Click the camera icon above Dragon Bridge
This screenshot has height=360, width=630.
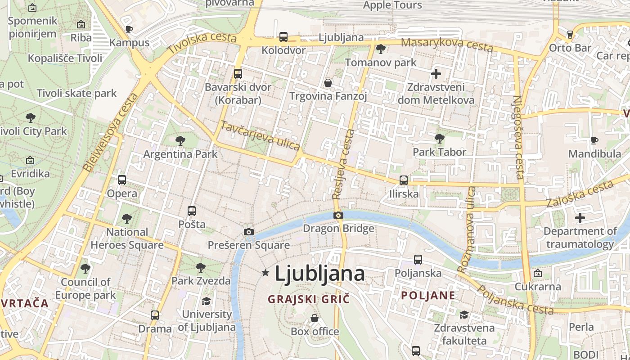tap(338, 216)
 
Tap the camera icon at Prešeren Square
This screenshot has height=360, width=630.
tap(249, 232)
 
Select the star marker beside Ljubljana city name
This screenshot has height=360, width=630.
tap(265, 273)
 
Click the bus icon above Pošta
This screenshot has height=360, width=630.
tap(192, 211)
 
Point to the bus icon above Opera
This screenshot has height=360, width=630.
tap(122, 180)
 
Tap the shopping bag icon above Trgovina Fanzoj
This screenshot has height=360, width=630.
tap(328, 83)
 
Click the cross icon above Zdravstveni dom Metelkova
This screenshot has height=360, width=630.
tap(436, 73)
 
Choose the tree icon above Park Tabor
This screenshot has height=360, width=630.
tap(440, 139)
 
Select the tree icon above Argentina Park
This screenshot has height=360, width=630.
tap(180, 141)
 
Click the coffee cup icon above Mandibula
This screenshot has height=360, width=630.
tap(594, 140)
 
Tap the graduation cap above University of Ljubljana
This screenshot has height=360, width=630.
tap(207, 301)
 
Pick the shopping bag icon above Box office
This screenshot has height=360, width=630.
tap(315, 318)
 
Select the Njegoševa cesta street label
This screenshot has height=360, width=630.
tap(518, 137)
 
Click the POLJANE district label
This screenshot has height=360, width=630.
tap(428, 295)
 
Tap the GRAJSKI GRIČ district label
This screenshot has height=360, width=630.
tap(309, 299)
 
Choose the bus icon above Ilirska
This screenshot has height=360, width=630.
tap(404, 180)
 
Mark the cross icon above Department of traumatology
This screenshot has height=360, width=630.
tap(580, 218)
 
